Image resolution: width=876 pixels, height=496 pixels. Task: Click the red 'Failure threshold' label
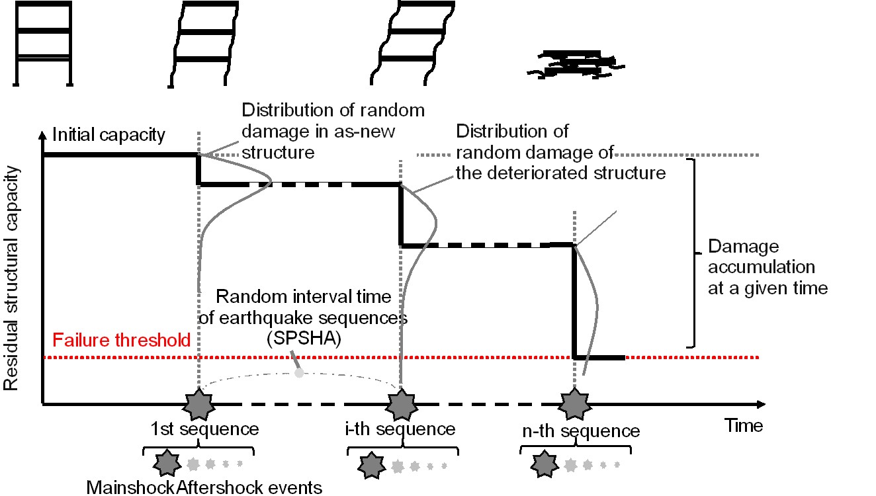(122, 341)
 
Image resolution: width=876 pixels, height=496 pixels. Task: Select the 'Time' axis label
(744, 425)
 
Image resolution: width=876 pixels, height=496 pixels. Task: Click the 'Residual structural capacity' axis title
(11, 277)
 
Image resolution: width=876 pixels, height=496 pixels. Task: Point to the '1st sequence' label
(204, 429)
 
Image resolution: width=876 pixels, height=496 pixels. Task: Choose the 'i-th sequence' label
(400, 429)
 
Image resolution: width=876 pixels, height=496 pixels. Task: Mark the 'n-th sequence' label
(580, 432)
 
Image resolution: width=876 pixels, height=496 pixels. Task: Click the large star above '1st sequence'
(198, 405)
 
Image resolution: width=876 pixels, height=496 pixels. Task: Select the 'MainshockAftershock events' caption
(204, 488)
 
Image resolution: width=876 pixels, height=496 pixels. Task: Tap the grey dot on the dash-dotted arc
(299, 373)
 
